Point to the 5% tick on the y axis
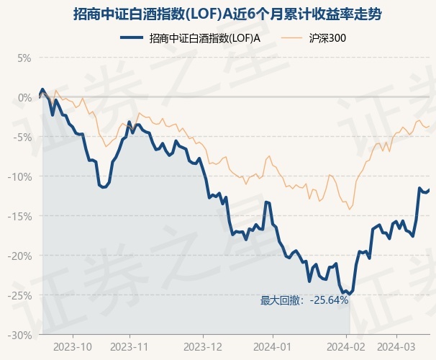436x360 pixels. tap(25, 58)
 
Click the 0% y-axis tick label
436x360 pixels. tap(25, 97)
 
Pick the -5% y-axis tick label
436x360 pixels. tap(24, 137)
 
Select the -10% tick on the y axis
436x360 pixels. tap(22, 176)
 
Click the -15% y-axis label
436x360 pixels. tap(22, 216)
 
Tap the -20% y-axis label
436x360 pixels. tap(22, 256)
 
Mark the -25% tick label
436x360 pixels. tap(22, 295)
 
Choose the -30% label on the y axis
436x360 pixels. tap(22, 335)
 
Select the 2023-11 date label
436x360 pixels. tap(130, 346)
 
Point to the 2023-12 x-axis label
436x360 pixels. tap(204, 346)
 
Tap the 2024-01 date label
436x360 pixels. tap(273, 346)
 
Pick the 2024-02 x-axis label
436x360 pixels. tap(347, 346)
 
